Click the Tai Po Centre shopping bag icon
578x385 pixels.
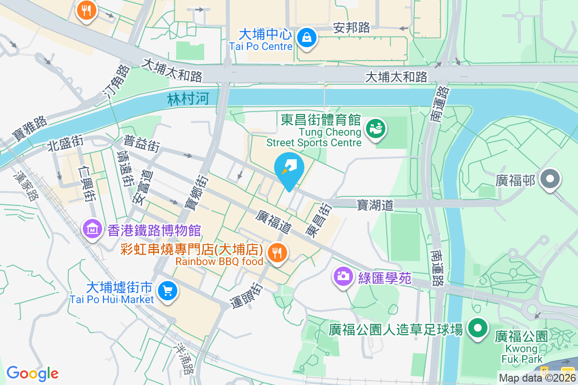[306, 37]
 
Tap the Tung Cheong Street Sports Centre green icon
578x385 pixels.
[375, 128]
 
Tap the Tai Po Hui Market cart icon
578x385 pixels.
[168, 291]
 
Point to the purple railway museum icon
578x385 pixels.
[92, 229]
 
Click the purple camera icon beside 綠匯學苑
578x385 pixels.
[343, 276]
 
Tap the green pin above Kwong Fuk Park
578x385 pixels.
[478, 329]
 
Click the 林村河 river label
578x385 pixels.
[188, 100]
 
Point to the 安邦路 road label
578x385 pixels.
[352, 28]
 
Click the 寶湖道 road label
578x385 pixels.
[375, 205]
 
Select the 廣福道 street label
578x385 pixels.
[274, 221]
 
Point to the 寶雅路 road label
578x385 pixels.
[29, 128]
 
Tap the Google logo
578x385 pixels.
[33, 373]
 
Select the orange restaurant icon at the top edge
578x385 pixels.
[87, 10]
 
